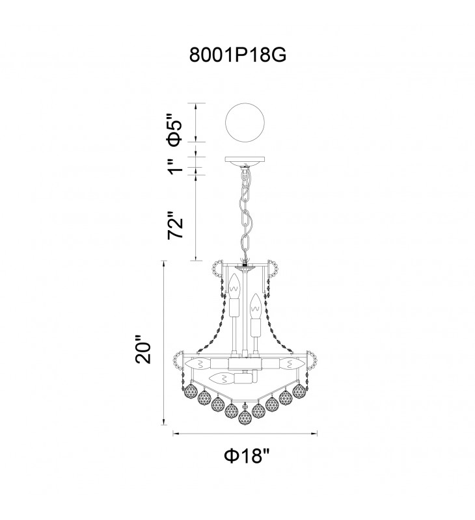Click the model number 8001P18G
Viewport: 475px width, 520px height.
click(x=238, y=55)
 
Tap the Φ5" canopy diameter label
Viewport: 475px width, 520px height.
click(x=175, y=131)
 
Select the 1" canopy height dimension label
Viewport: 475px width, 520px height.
click(x=175, y=166)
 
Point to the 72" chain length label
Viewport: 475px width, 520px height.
click(x=175, y=224)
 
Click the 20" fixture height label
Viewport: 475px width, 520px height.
click(x=143, y=350)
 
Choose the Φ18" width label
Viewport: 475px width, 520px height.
click(x=245, y=456)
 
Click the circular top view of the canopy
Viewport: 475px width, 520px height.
click(x=245, y=123)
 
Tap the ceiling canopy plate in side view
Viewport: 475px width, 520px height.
click(x=245, y=161)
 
